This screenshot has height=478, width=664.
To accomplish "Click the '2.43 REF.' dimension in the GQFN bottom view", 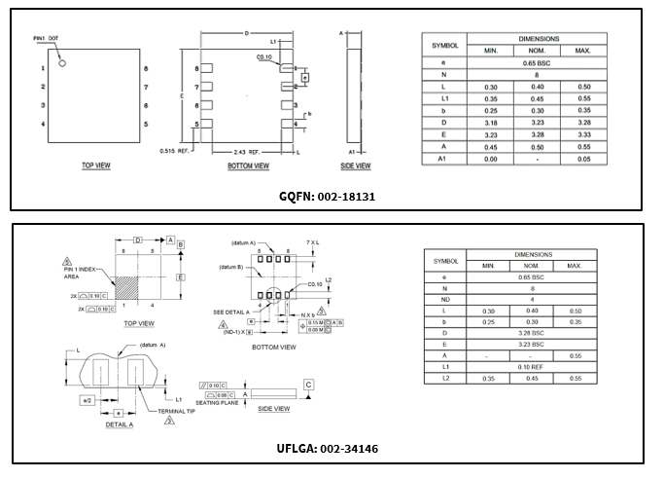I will [x=247, y=153].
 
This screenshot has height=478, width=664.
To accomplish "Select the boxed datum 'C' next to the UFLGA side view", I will [x=308, y=385].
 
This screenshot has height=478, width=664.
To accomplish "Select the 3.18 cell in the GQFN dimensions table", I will [x=491, y=123].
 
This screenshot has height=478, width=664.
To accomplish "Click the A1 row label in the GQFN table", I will [x=441, y=158].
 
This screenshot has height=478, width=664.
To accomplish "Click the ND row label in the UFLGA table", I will [x=444, y=299].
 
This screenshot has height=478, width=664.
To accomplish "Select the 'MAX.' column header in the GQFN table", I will [x=583, y=49].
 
